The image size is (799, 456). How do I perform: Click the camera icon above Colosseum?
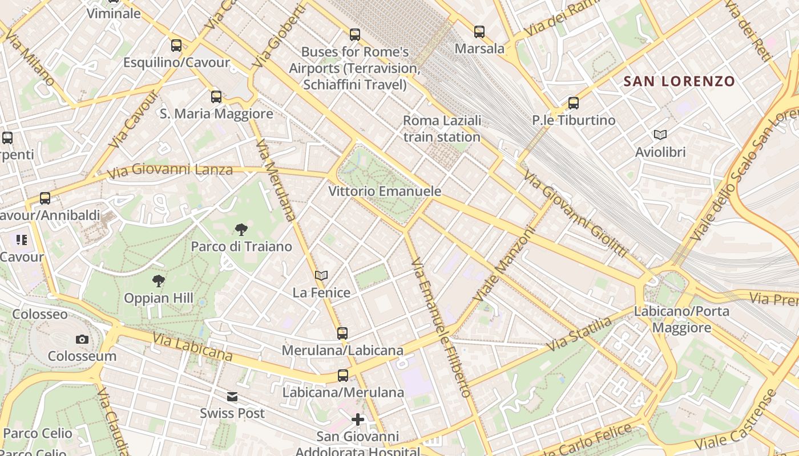(82, 340)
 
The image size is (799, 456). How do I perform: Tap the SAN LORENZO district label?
(679, 82)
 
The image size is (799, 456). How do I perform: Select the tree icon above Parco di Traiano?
(241, 230)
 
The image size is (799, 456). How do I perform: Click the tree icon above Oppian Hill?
(159, 280)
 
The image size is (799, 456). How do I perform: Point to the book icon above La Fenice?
(321, 276)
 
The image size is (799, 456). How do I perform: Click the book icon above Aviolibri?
(660, 135)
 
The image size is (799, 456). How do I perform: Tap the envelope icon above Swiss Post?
(232, 397)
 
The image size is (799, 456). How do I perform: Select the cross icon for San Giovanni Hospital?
(358, 420)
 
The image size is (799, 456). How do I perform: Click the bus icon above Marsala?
(479, 32)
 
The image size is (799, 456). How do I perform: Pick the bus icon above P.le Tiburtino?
(574, 103)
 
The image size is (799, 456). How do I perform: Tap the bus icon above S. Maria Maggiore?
(216, 97)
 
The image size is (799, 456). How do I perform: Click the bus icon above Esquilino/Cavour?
(176, 46)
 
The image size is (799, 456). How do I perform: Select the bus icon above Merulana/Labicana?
(342, 333)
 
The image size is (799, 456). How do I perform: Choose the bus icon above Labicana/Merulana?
(343, 376)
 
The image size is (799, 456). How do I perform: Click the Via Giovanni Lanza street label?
(170, 170)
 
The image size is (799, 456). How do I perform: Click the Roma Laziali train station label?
(442, 129)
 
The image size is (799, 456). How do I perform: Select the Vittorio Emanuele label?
(385, 192)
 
